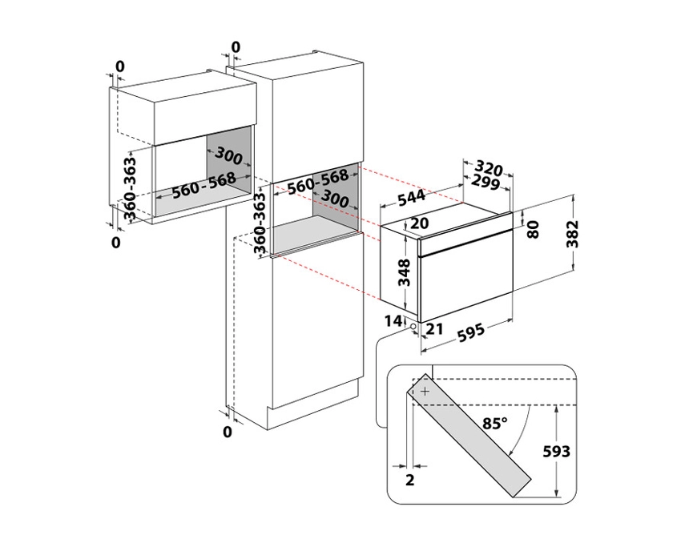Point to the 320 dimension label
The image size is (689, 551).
(489, 168)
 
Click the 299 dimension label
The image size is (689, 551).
(487, 183)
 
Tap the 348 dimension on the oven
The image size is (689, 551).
(405, 272)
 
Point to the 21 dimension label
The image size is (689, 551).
(437, 330)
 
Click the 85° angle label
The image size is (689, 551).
(495, 421)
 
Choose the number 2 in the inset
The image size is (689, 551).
(409, 481)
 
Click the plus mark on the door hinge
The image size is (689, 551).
(424, 391)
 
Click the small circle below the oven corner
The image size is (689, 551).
(412, 326)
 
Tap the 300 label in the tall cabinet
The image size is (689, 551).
(331, 199)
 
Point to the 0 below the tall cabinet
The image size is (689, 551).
(228, 432)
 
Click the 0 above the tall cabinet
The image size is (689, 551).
(236, 48)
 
